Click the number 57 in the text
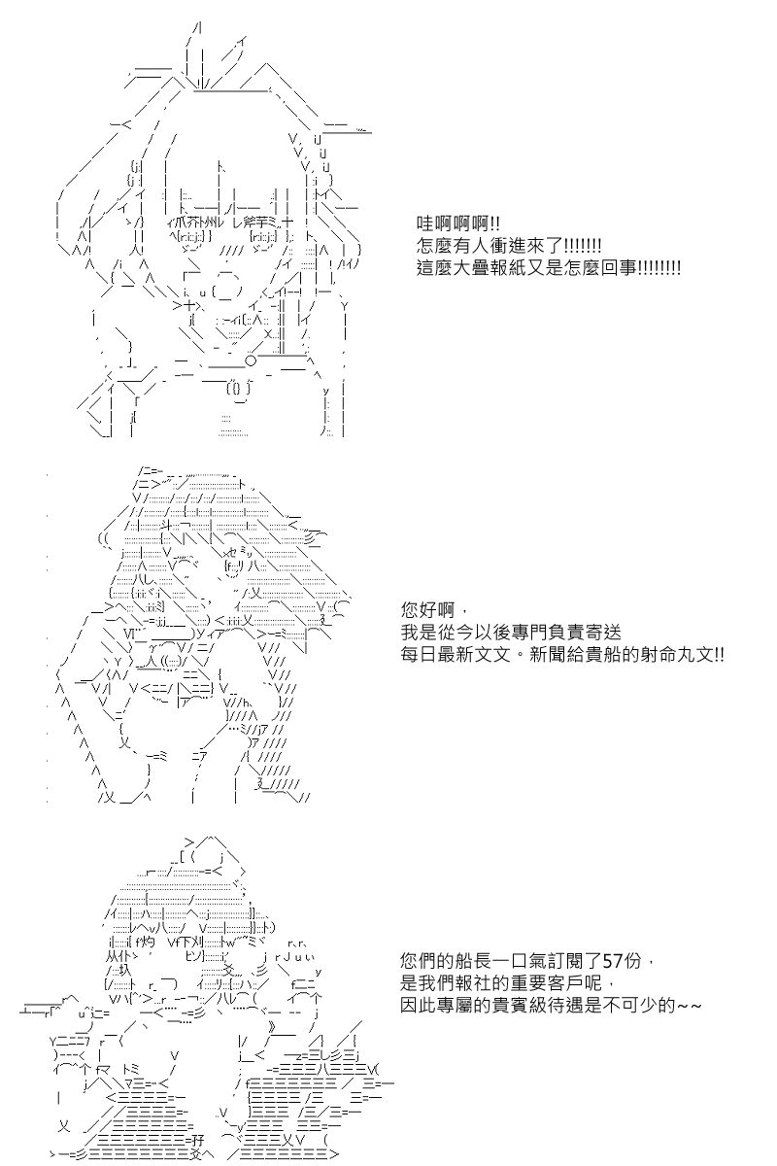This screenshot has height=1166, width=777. tap(613, 960)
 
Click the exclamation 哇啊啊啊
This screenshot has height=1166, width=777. tap(453, 224)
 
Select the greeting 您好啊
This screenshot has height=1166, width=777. tap(427, 610)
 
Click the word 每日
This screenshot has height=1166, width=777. tap(419, 655)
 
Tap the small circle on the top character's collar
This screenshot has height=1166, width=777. tap(251, 360)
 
